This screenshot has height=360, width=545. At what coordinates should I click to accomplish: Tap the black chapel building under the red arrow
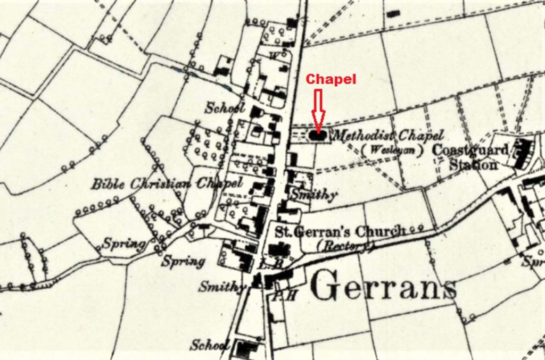coord(318,136)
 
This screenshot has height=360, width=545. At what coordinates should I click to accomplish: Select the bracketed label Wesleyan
coord(391,150)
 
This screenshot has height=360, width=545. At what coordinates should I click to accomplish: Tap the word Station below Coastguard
coord(473,165)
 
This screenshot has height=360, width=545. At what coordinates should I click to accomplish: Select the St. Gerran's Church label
coord(340,232)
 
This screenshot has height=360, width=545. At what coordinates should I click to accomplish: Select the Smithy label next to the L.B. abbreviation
coord(221,287)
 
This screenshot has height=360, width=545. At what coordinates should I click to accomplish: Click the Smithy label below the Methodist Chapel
coord(313,196)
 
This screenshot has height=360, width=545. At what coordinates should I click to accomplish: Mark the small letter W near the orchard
coord(274,55)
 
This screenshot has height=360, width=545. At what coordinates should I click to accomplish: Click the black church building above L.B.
coord(279,249)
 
